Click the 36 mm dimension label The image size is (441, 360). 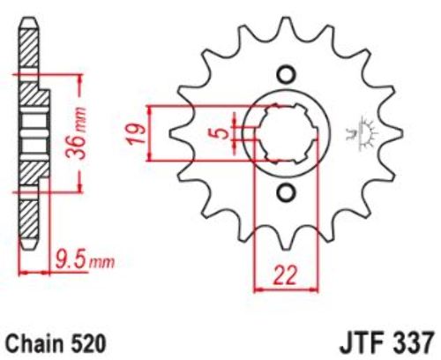click(x=77, y=133)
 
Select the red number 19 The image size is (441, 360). click(x=137, y=133)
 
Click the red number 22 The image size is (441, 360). click(x=285, y=275)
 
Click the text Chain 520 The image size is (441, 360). click(x=56, y=343)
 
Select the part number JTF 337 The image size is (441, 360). click(x=387, y=343)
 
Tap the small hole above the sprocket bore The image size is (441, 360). click(x=286, y=75)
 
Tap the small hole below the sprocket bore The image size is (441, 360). click(x=286, y=193)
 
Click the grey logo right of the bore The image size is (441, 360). click(x=363, y=134)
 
